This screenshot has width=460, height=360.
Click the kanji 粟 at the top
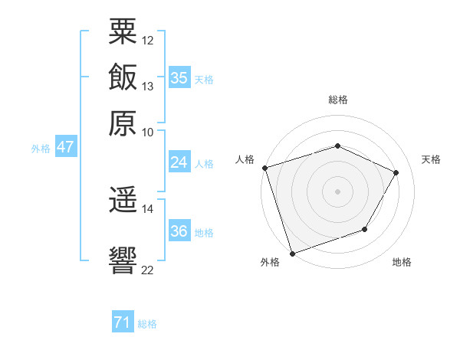point(123,32)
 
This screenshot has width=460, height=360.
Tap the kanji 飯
point(123,77)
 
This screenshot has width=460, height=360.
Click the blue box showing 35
point(179,77)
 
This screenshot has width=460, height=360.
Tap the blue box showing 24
point(179,162)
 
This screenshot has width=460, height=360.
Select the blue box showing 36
point(179,231)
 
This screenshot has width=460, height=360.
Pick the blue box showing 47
point(65,147)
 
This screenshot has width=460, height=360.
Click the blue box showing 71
point(122,322)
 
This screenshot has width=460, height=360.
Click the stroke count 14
point(147,208)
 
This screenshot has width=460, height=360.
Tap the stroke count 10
point(147,132)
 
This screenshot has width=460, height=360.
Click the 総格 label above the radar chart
point(338,100)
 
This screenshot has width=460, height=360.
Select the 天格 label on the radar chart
point(432,159)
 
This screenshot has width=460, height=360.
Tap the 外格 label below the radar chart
point(269,262)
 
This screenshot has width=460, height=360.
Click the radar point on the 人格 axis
point(264,168)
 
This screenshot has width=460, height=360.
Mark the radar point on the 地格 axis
point(365,229)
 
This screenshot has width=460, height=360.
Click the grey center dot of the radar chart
point(337,191)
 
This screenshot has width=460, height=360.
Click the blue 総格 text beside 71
point(147,324)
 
